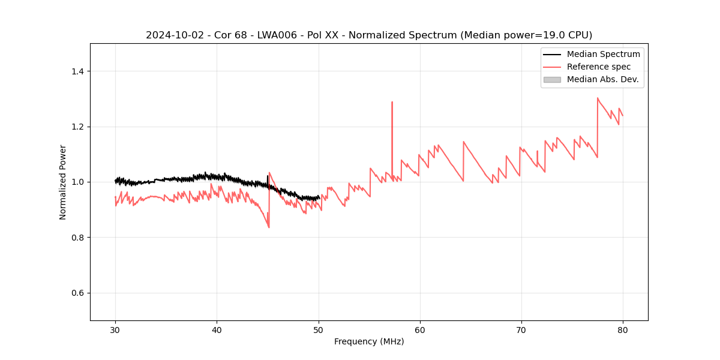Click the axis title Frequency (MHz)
click(369, 341)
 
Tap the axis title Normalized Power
click(63, 182)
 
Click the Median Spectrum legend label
click(603, 54)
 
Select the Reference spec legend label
click(599, 67)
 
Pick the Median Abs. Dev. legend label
click(602, 79)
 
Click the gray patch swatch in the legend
click(552, 79)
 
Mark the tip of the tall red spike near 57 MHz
click(392, 102)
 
